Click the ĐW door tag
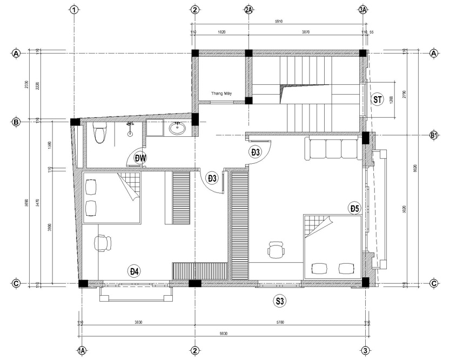pos(141,158)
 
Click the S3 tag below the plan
pos(280,301)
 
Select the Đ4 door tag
pos(135,271)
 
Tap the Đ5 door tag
pos(354,208)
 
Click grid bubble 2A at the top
pos(248,10)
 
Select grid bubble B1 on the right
pos(433,135)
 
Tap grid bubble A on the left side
pos(16,54)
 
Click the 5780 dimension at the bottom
pos(279,322)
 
